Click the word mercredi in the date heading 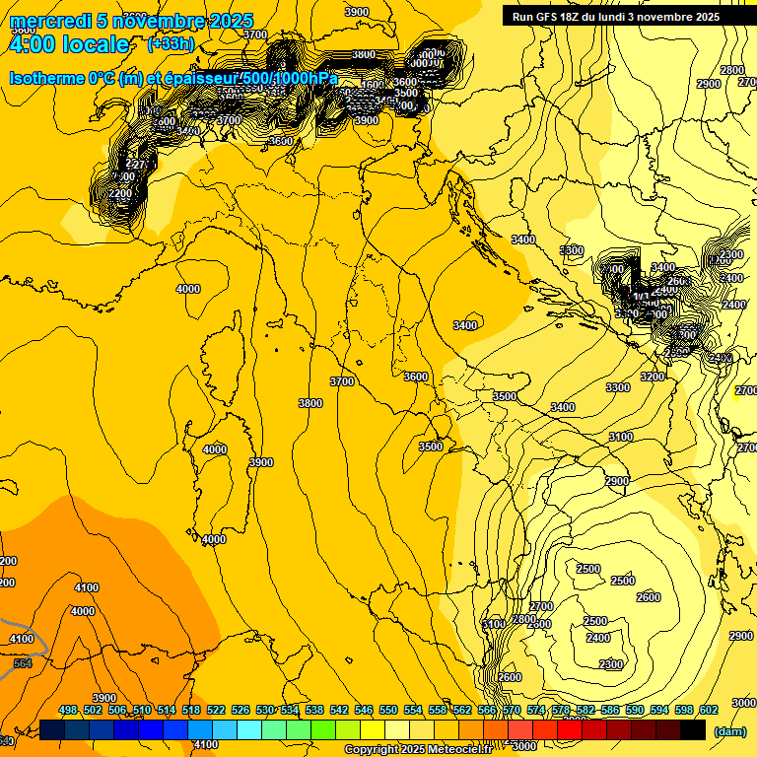pyautogui.click(x=50, y=22)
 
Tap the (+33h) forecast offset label pyautogui.click(x=170, y=44)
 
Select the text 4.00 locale pyautogui.click(x=68, y=44)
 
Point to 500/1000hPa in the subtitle pyautogui.click(x=297, y=78)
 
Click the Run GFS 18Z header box pyautogui.click(x=615, y=17)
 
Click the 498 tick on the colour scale pyautogui.click(x=68, y=711)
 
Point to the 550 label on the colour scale pyautogui.click(x=388, y=711)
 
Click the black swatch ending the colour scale pyautogui.click(x=693, y=729)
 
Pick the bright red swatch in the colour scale pyautogui.click(x=570, y=729)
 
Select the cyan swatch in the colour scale pyautogui.click(x=249, y=729)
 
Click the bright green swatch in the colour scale pyautogui.click(x=323, y=729)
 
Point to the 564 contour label pyautogui.click(x=23, y=663)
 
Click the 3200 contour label pyautogui.click(x=652, y=377)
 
